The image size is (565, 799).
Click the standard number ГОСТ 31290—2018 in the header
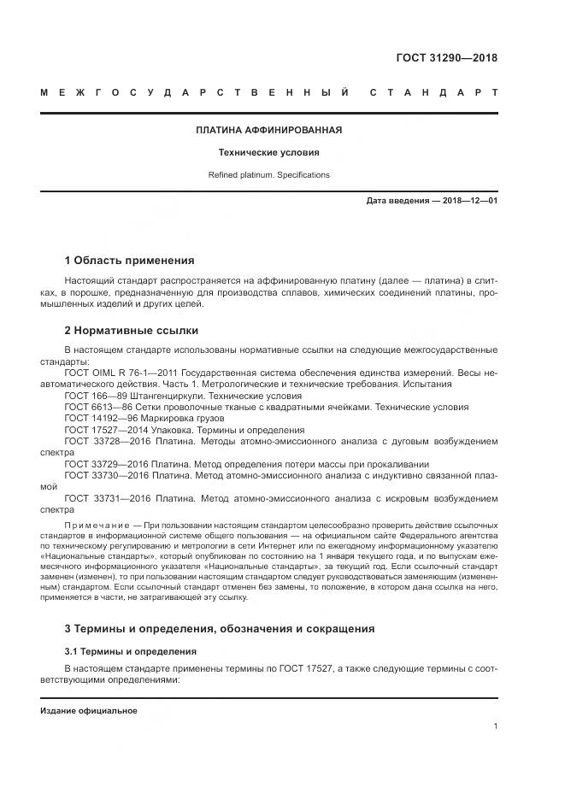pyautogui.click(x=446, y=58)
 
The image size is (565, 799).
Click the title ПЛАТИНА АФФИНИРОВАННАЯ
pyautogui.click(x=268, y=130)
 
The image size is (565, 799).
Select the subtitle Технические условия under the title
pyautogui.click(x=268, y=153)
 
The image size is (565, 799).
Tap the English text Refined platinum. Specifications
pyautogui.click(x=268, y=175)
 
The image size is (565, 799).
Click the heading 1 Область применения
pyautogui.click(x=129, y=261)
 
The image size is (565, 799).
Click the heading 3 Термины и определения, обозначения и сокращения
pyautogui.click(x=220, y=629)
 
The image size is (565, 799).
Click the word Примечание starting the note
pyautogui.click(x=95, y=523)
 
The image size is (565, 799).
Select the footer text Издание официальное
pyautogui.click(x=89, y=711)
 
